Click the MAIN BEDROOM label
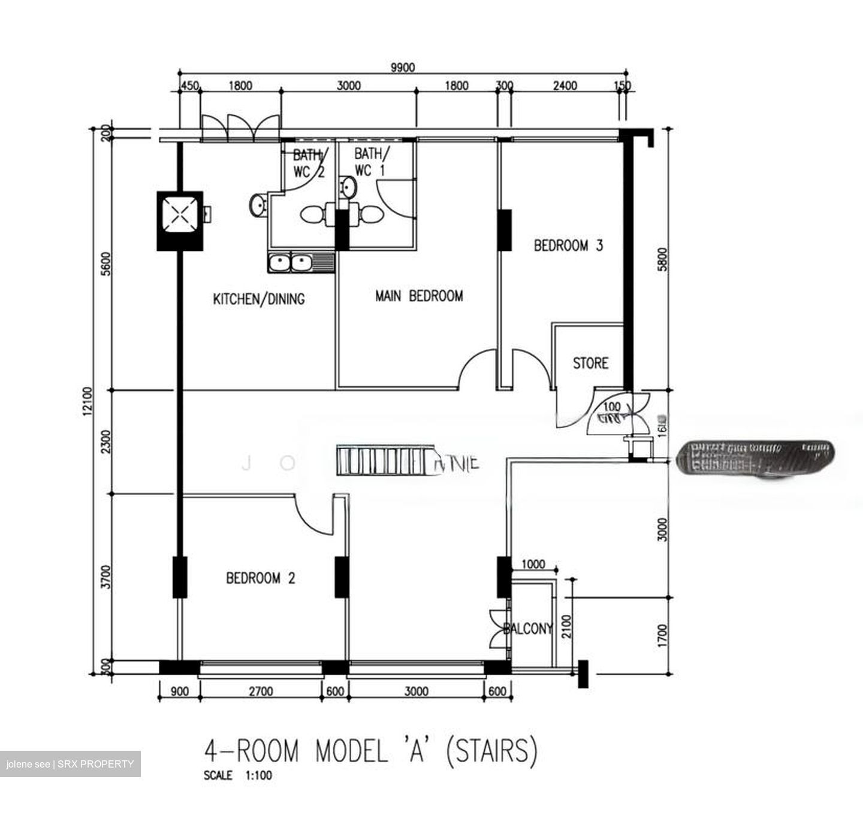419,296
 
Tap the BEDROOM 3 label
568,245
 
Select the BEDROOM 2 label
261,578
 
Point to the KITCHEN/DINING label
259,299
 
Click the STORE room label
590,363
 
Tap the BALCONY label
528,629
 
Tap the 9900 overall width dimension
402,68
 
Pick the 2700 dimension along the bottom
261,692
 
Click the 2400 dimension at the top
565,86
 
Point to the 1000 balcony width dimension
533,564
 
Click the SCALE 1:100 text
238,775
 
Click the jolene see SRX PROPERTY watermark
70,764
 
